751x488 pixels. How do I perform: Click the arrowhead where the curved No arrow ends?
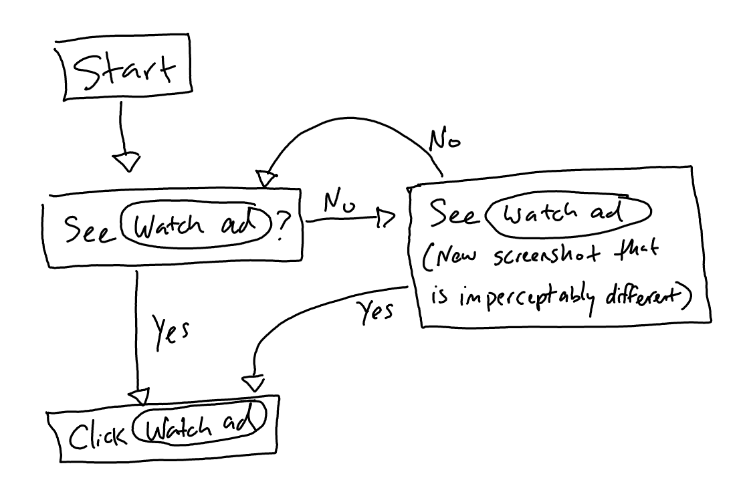click(265, 179)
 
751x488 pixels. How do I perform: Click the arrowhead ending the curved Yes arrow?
click(252, 383)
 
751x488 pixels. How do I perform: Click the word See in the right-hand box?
click(453, 215)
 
